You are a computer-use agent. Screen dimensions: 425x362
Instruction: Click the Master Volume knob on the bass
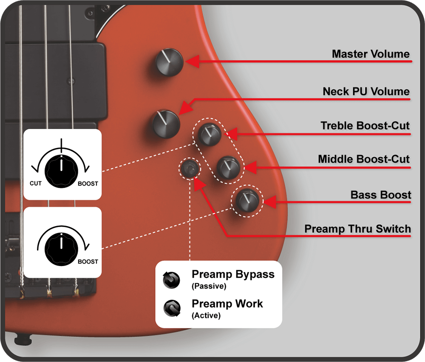tap(170, 62)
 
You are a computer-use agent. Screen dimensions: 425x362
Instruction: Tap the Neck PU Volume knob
tap(166, 124)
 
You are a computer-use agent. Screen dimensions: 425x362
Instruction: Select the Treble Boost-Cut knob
tap(209, 134)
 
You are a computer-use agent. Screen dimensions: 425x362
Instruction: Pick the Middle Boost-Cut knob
tap(228, 167)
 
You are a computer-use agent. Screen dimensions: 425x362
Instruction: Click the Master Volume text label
tap(371, 54)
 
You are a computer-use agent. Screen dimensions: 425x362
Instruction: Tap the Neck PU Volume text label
tap(366, 91)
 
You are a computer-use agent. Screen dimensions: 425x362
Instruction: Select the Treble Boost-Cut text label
tap(365, 125)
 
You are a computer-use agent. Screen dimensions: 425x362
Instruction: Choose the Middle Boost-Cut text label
tap(363, 159)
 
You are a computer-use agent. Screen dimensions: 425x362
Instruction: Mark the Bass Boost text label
tap(380, 195)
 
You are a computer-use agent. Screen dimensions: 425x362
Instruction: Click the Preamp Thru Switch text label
tap(357, 229)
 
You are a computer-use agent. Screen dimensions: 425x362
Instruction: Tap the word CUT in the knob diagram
tap(36, 184)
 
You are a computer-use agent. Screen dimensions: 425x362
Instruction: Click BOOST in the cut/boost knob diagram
tap(88, 184)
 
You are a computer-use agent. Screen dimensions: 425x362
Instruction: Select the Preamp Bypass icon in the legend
tap(171, 280)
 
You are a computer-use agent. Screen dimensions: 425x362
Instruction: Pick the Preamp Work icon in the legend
tap(172, 308)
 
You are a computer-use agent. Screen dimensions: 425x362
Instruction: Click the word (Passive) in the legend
tap(209, 286)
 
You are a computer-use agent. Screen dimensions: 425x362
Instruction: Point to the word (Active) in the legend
tap(206, 315)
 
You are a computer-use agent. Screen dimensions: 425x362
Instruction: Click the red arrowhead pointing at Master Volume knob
tap(193, 62)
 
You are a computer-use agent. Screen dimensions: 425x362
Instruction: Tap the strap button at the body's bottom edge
tap(23, 339)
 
